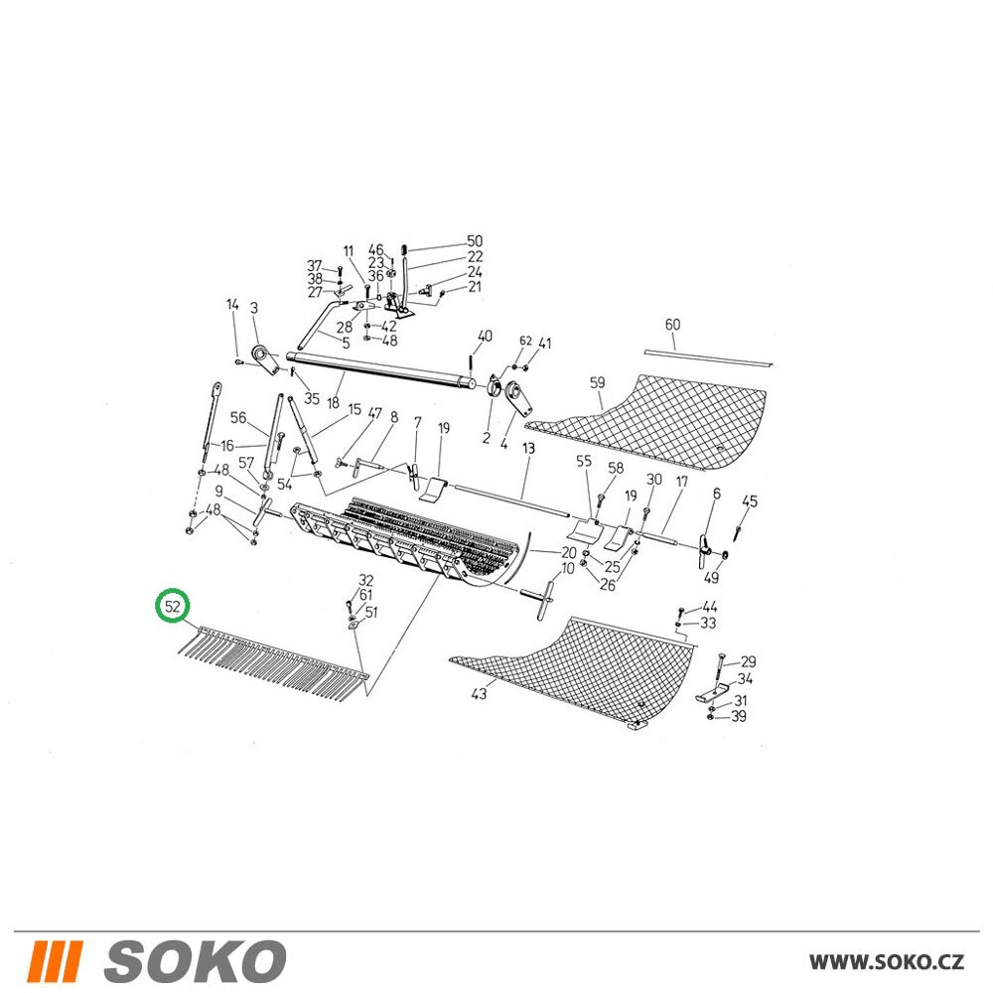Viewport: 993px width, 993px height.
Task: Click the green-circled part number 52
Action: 173,606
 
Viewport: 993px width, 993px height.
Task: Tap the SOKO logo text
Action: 195,961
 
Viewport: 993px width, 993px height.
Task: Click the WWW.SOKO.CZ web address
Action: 887,962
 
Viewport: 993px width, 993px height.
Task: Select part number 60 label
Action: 672,325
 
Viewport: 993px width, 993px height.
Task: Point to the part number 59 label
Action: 597,382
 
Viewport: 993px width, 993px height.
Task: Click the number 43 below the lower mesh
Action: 479,693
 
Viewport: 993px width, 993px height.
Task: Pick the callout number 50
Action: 475,241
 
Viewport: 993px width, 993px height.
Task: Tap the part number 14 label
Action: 233,305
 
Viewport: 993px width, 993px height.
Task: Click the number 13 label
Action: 529,449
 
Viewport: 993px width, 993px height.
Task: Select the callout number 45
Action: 750,500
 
